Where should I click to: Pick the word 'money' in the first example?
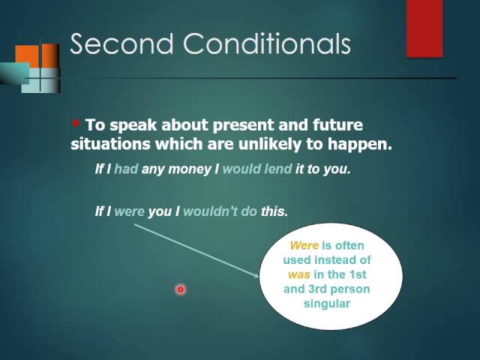pos(192,169)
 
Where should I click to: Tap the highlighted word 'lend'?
pos(277,169)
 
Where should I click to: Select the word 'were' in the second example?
pos(129,211)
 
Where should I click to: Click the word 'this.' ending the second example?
pos(274,211)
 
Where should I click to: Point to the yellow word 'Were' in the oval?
pos(304,245)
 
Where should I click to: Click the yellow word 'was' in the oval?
pos(298,274)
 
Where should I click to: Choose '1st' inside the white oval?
pos(360,274)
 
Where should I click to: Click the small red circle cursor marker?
pos(181,289)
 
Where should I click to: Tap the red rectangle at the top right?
pos(424,28)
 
